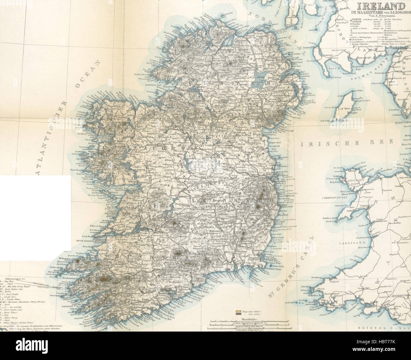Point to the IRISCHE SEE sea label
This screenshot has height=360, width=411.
point(346,144)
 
